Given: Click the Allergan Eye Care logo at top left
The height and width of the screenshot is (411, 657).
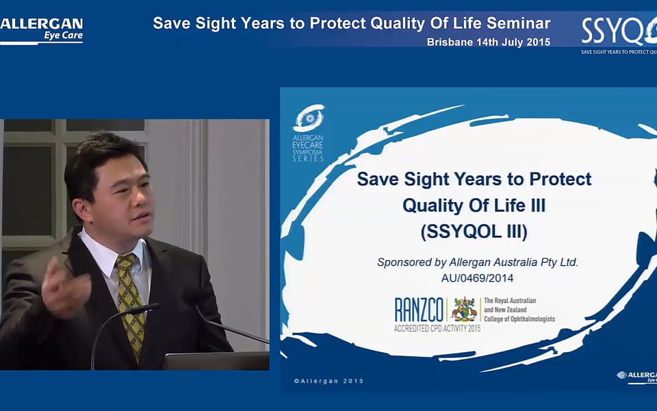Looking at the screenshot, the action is coord(41,30).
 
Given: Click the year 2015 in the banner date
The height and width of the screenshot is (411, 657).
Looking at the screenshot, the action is coord(539,42).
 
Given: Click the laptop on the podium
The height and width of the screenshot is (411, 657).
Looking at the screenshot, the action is coord(216,361).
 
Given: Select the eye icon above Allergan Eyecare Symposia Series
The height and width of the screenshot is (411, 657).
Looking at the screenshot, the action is coord(309,118).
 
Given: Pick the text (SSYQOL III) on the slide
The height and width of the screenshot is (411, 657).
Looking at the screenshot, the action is coord(474,232).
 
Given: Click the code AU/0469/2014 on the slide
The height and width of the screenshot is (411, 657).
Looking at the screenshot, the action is coord(477,278).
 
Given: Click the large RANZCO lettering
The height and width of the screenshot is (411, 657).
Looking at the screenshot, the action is coord(419,310).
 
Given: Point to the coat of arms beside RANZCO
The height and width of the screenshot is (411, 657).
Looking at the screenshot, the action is coord(464,309).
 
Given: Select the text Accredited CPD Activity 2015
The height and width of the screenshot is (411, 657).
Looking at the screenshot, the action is coord(437,328).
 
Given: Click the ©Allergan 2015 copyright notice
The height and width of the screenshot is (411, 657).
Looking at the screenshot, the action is coord(329,382).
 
